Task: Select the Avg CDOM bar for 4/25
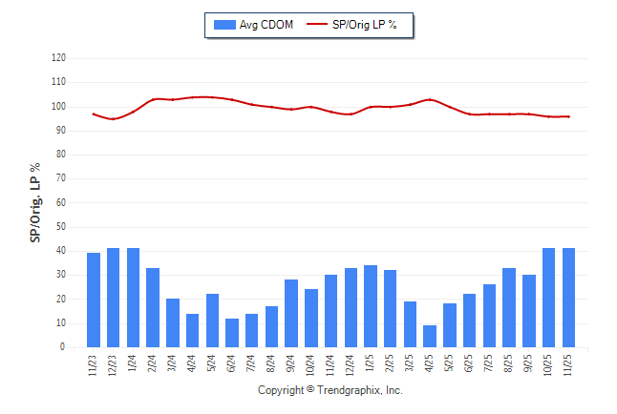pyautogui.click(x=430, y=337)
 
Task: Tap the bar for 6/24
pyautogui.click(x=232, y=333)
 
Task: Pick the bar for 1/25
pyautogui.click(x=371, y=306)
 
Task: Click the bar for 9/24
pyautogui.click(x=291, y=314)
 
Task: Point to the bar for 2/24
pyautogui.click(x=153, y=308)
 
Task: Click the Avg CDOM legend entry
pyautogui.click(x=254, y=24)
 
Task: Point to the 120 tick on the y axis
pyautogui.click(x=59, y=58)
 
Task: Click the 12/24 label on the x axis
pyautogui.click(x=351, y=363)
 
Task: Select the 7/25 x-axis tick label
pyautogui.click(x=489, y=363)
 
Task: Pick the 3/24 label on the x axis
pyautogui.click(x=173, y=363)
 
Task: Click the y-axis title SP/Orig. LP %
pyautogui.click(x=35, y=202)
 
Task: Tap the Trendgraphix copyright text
pyautogui.click(x=330, y=391)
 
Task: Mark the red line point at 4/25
pyautogui.click(x=430, y=99)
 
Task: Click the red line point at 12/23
pyautogui.click(x=113, y=119)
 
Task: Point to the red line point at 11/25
pyautogui.click(x=569, y=116)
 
